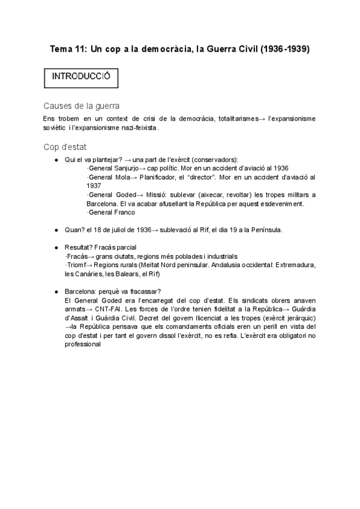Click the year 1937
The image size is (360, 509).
(x=94, y=186)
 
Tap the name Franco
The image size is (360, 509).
(x=124, y=212)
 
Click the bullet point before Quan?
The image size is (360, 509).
(x=56, y=230)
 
